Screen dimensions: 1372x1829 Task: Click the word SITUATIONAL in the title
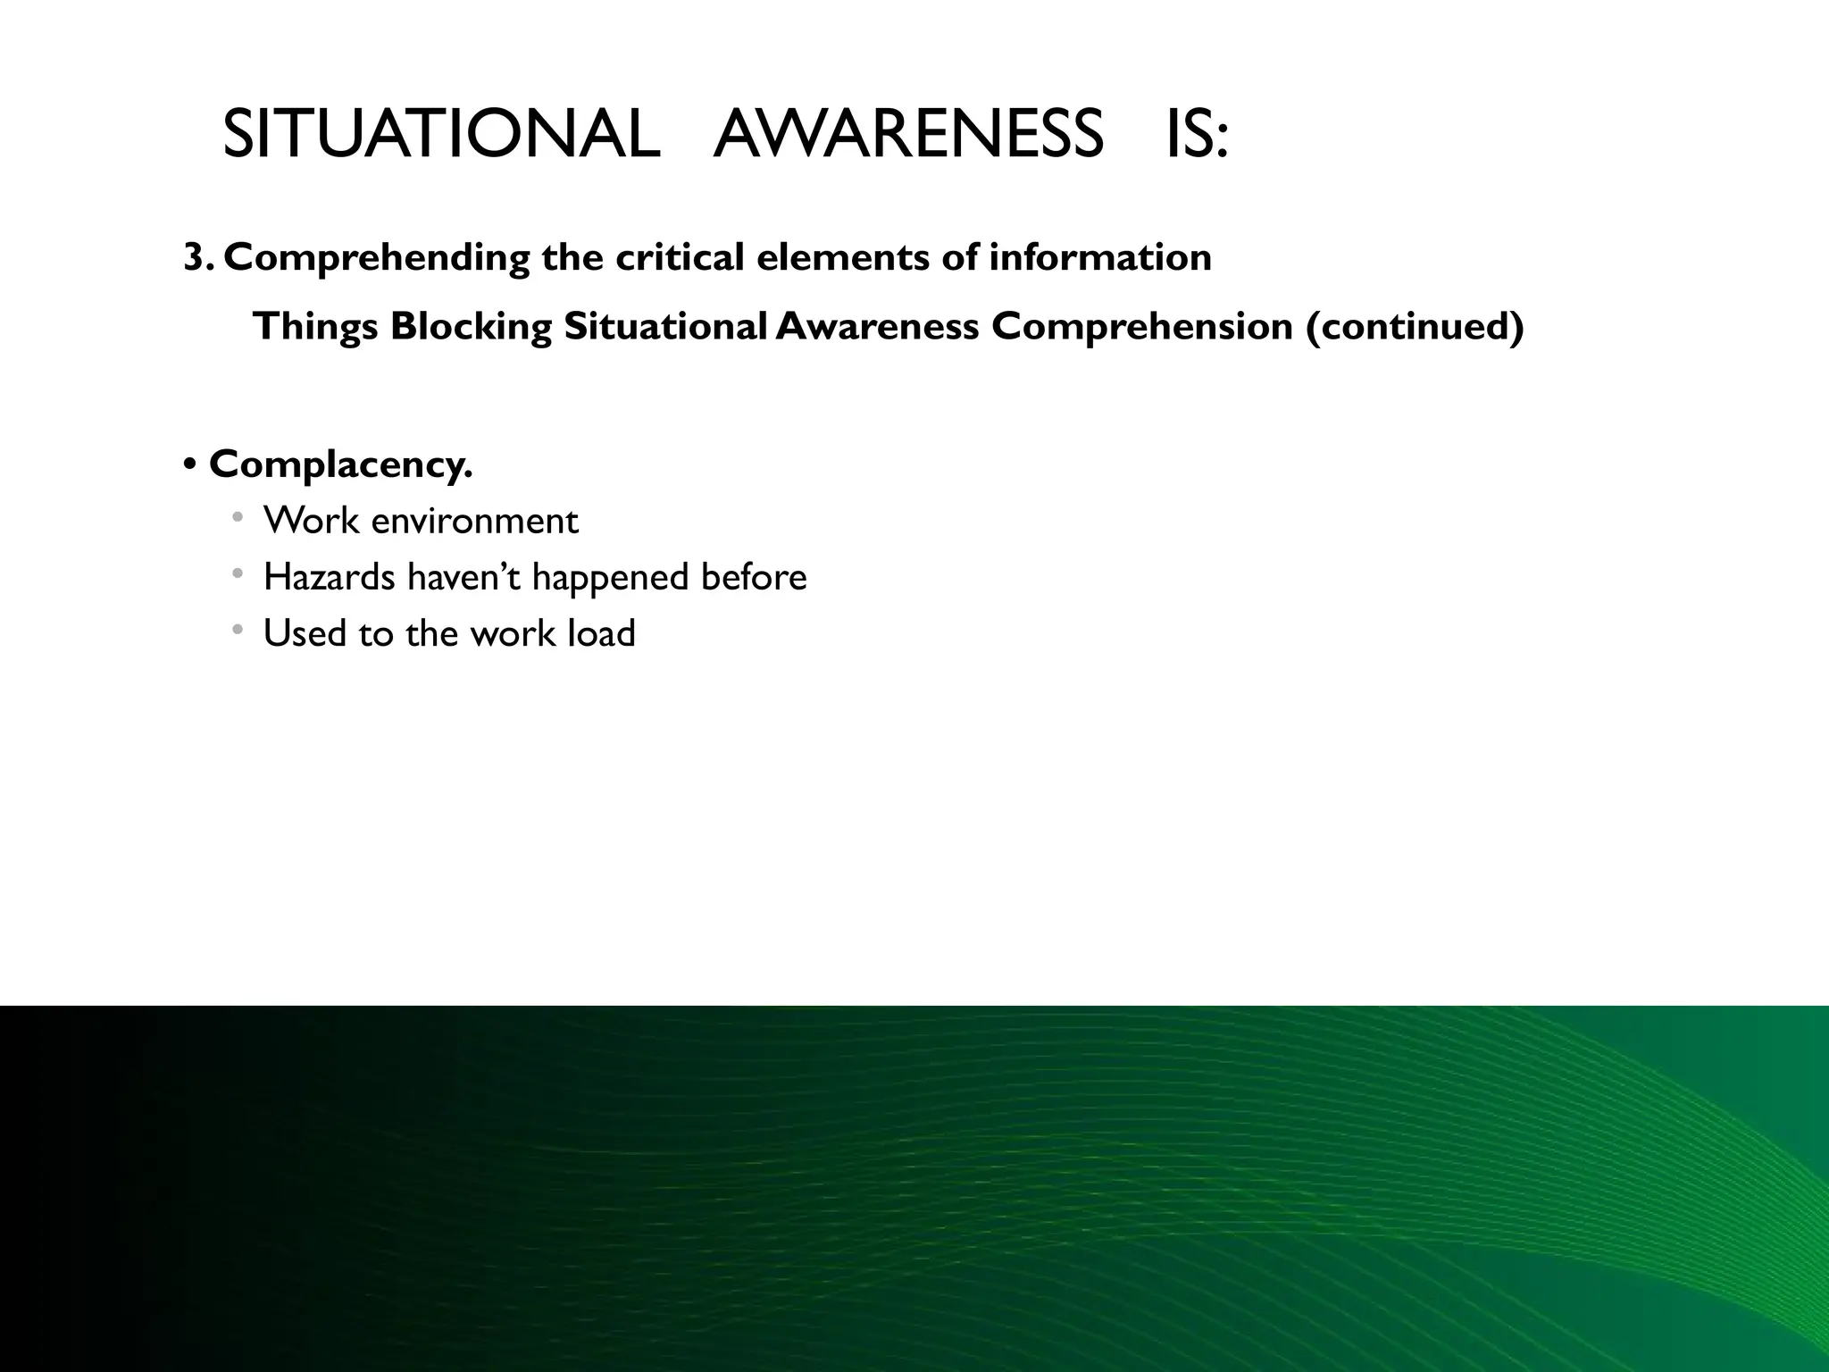(x=441, y=135)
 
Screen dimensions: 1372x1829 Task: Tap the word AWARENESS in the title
(x=908, y=135)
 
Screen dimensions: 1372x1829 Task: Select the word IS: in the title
(x=1198, y=135)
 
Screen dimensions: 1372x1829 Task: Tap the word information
(x=1099, y=258)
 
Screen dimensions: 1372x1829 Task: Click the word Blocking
(x=471, y=327)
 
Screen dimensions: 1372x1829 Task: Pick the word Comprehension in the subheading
(x=1142, y=327)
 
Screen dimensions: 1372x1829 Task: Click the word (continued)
(x=1414, y=327)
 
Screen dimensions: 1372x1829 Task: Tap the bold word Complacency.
(x=340, y=465)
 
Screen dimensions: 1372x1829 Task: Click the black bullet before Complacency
(x=189, y=465)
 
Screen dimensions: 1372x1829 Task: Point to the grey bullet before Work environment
(x=237, y=517)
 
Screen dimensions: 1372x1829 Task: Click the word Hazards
(x=330, y=577)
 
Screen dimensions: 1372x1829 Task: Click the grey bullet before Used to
(x=237, y=630)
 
